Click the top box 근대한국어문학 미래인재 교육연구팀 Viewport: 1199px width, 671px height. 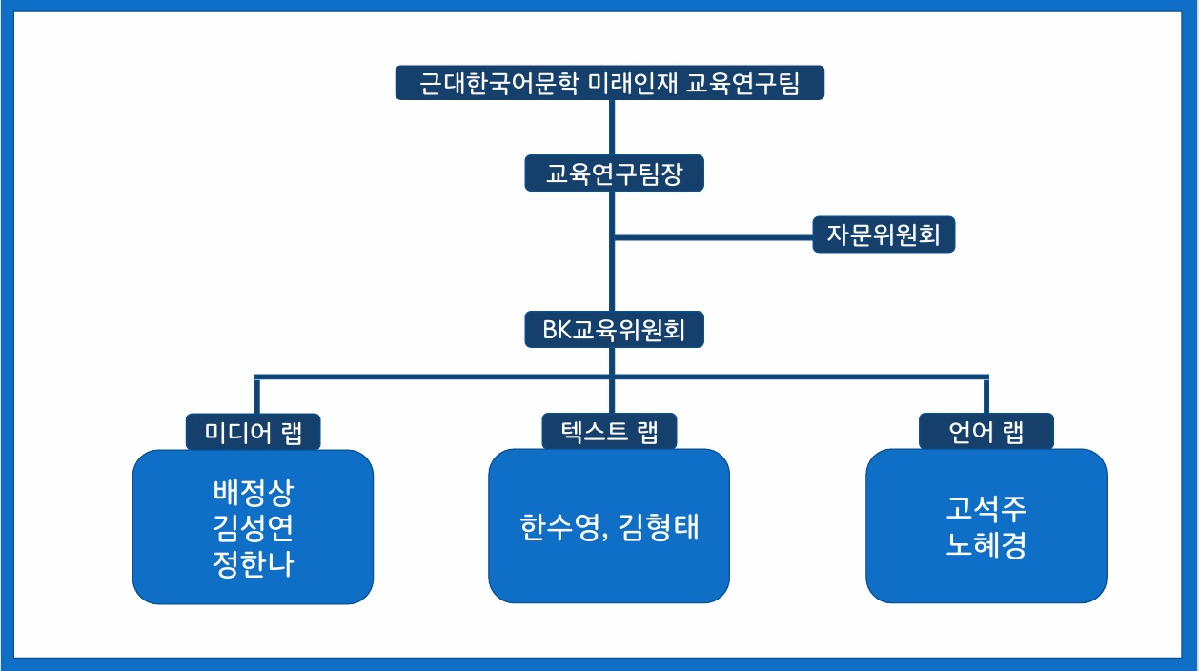(x=610, y=82)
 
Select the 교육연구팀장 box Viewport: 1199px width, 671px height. (x=614, y=173)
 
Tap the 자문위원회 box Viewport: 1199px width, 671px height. (x=884, y=234)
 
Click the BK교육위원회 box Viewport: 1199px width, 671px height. (x=614, y=329)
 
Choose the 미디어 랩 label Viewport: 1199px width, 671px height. (x=254, y=431)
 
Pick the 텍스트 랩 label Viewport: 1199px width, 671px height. (x=609, y=431)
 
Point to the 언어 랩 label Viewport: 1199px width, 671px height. (x=986, y=431)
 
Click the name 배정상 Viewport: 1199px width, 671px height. (x=254, y=492)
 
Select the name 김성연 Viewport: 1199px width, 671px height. (x=254, y=528)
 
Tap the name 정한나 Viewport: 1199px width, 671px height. (x=254, y=563)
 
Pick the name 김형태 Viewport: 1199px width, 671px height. (x=659, y=527)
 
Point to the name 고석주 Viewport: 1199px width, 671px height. (x=986, y=508)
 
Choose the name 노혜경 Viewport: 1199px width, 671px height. (x=986, y=545)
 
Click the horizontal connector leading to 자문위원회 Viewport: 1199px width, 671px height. (x=714, y=237)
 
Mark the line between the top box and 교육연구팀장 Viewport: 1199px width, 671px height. (x=612, y=128)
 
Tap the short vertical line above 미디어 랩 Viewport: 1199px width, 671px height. (x=257, y=396)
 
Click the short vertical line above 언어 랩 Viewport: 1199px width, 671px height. (x=986, y=396)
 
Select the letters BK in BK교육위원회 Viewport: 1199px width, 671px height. (x=558, y=330)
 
